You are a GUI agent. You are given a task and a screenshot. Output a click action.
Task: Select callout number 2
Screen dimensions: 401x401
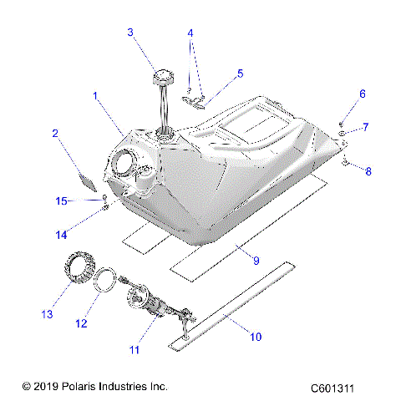(x=55, y=133)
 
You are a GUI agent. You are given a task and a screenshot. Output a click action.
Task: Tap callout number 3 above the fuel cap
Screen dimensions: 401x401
(x=130, y=33)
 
